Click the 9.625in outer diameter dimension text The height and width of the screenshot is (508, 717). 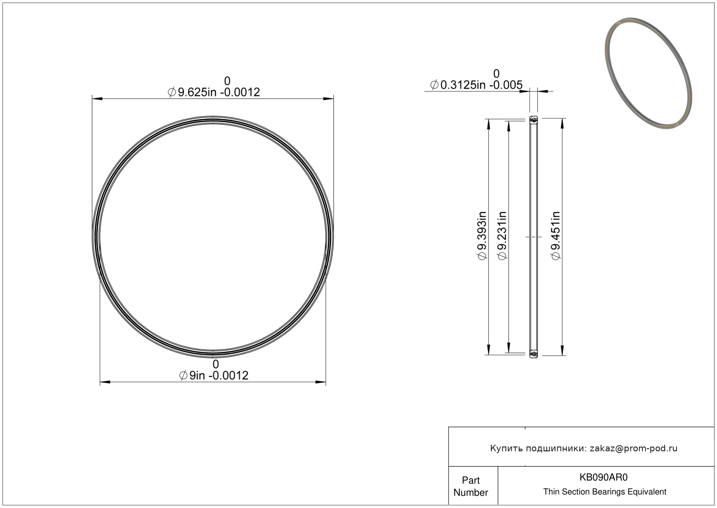213,92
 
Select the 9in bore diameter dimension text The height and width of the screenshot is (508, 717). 213,375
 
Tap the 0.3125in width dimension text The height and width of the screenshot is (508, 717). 476,85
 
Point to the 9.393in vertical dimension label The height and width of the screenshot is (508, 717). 482,235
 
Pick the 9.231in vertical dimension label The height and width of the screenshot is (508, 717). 502,235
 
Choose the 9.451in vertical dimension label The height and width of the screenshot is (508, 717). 556,235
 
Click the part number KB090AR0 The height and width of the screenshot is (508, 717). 603,477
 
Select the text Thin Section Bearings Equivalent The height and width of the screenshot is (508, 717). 605,492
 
